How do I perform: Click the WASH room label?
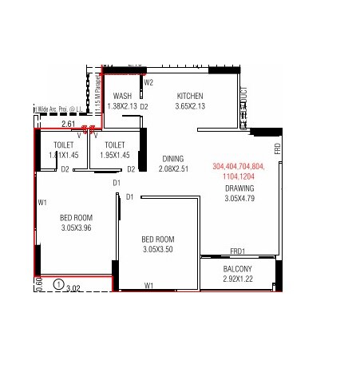122,96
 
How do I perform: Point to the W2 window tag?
148,81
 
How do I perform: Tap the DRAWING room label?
239,188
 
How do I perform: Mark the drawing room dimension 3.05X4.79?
239,199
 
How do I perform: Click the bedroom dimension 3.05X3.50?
160,249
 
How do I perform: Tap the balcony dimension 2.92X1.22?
238,279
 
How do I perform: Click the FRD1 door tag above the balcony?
238,251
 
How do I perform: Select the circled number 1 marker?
57,283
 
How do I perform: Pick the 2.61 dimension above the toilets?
46,125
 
